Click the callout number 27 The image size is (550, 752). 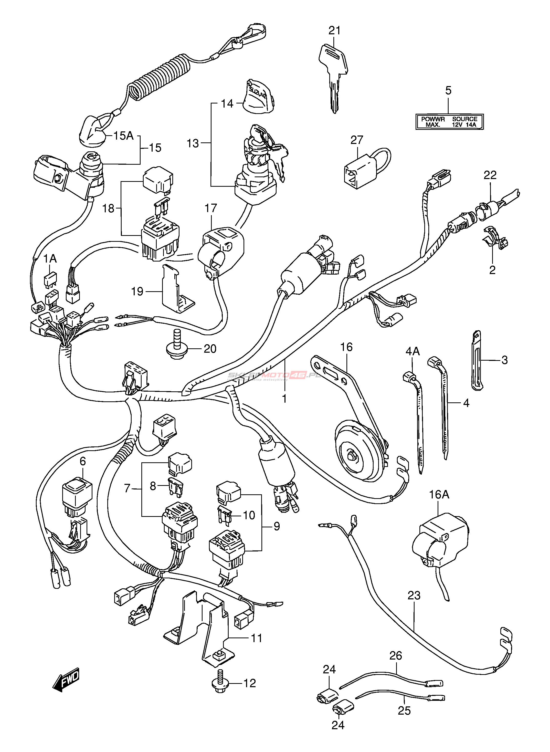click(357, 140)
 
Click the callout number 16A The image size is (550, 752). click(439, 495)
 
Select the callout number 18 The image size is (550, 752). click(109, 208)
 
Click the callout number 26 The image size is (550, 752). click(396, 655)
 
